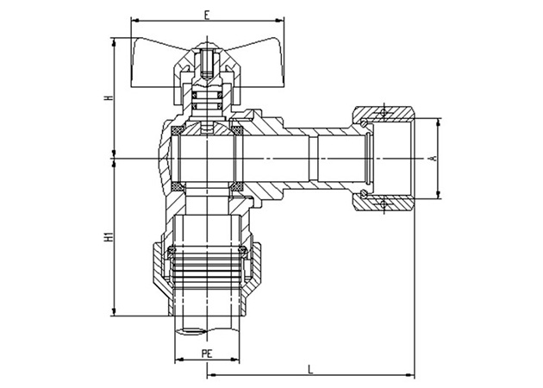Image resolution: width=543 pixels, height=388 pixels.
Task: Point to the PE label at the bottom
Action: coord(207,354)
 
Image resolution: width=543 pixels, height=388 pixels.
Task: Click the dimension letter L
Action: coord(309,368)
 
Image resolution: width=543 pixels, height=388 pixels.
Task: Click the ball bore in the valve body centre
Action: coord(207,159)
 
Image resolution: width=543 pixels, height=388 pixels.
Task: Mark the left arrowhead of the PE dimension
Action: coord(178,360)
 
